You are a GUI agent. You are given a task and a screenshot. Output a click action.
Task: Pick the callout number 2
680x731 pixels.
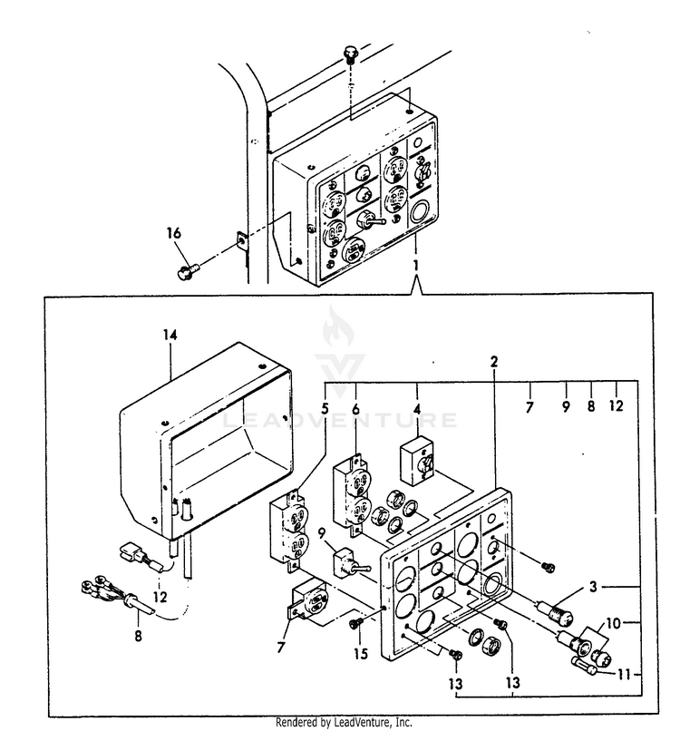[494, 362]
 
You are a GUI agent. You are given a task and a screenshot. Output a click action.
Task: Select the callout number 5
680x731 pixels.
[325, 409]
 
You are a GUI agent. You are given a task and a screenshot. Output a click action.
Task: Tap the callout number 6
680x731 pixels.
[355, 409]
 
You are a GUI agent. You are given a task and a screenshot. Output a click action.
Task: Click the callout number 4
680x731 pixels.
[416, 409]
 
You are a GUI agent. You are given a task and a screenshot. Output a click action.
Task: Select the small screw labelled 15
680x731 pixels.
[355, 623]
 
